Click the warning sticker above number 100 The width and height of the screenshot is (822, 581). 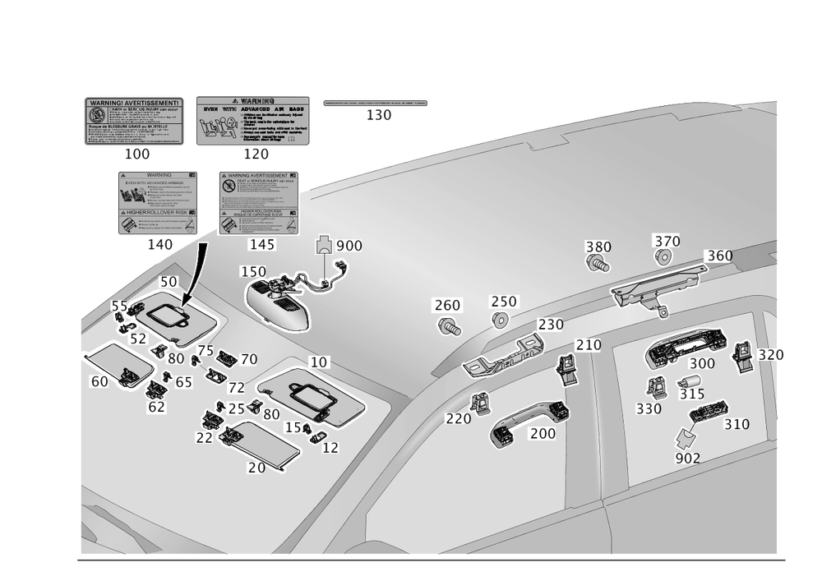click(x=132, y=121)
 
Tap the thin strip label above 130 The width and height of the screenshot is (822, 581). click(x=376, y=104)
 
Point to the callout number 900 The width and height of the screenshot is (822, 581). click(x=348, y=247)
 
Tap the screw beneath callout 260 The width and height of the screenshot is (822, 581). click(x=448, y=328)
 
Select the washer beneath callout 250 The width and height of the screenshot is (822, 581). click(x=499, y=319)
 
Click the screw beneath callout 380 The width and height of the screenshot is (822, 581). click(x=597, y=265)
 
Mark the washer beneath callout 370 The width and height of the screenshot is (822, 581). click(x=663, y=256)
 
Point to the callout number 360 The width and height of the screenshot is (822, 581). click(x=718, y=256)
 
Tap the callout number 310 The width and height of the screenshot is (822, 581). click(x=737, y=425)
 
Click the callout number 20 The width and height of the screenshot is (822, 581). click(x=256, y=467)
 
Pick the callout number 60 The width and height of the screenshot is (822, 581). click(x=99, y=381)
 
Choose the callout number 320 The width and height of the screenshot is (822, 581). click(x=771, y=355)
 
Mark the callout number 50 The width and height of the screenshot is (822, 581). click(x=168, y=282)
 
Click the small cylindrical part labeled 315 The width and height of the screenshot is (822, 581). click(x=688, y=383)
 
